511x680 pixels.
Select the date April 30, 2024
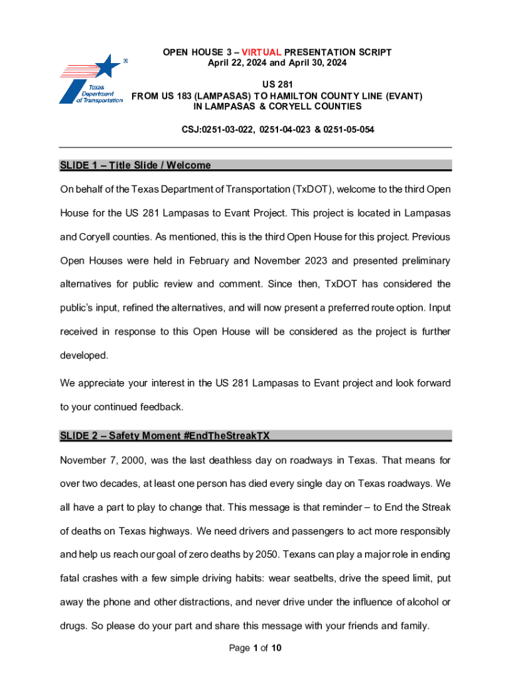tap(319, 63)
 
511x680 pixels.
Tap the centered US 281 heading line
tap(277, 85)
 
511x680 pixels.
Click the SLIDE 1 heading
tap(135, 165)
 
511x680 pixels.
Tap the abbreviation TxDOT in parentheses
tap(312, 189)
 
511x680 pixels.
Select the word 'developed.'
tap(84, 355)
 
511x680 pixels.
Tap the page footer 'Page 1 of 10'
tap(255, 648)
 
